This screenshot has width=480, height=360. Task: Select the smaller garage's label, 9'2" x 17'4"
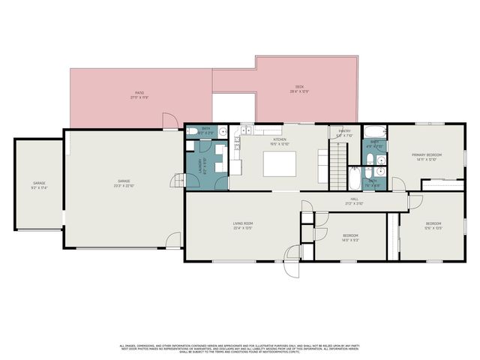(x=38, y=184)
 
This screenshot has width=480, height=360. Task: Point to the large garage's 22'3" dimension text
(x=124, y=184)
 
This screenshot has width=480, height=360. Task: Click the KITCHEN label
(x=280, y=140)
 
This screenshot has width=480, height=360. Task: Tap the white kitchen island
(x=278, y=163)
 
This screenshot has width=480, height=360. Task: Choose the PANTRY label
(x=344, y=133)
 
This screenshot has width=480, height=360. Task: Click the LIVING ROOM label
(x=241, y=223)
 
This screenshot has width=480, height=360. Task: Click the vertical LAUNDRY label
(x=199, y=165)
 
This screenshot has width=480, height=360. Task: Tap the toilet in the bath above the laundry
(x=192, y=132)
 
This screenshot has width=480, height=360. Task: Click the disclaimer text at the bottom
(x=240, y=348)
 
